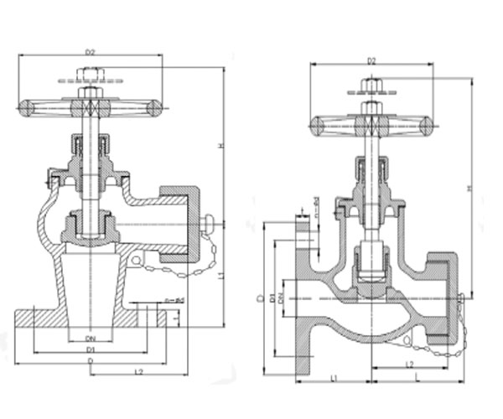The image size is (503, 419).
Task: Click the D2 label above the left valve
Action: tap(90, 51)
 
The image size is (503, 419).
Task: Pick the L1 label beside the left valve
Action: tap(220, 277)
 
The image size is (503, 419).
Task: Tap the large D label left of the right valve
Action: tap(261, 297)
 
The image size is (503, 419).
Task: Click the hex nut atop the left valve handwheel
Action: tap(90, 92)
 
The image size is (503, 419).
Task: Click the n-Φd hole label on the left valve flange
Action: tap(174, 299)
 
